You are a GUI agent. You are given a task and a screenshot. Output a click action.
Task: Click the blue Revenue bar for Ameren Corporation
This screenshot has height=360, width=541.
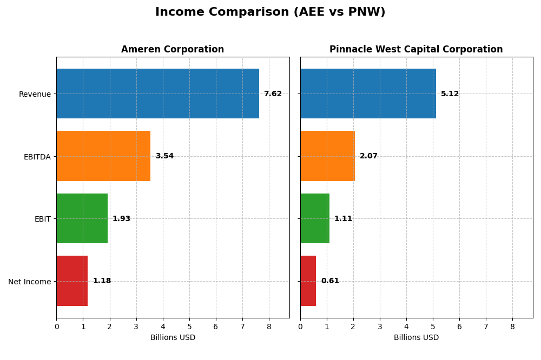tap(157, 94)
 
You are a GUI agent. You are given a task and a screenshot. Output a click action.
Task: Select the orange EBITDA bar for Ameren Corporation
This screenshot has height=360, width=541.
tap(103, 156)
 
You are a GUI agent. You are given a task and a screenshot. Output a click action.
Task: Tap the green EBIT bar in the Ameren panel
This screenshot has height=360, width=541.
tap(82, 218)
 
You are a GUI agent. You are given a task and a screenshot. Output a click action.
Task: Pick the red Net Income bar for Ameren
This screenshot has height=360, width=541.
tap(72, 281)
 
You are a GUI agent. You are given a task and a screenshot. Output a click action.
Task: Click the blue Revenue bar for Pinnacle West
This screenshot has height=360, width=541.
tap(368, 94)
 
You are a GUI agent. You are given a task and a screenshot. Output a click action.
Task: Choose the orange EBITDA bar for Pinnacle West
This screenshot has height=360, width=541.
tap(327, 156)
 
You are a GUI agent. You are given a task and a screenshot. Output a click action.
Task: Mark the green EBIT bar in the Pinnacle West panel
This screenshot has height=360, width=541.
tap(315, 218)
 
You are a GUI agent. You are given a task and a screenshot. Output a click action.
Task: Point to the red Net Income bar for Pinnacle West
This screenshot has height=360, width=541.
tap(308, 281)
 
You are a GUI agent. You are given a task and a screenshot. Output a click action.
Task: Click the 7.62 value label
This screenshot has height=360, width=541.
tap(273, 94)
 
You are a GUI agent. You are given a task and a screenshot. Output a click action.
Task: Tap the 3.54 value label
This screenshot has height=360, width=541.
tap(164, 156)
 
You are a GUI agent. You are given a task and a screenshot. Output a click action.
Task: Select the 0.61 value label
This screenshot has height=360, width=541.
tap(330, 281)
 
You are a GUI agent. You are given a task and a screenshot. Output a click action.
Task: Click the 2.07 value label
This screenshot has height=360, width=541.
tap(368, 156)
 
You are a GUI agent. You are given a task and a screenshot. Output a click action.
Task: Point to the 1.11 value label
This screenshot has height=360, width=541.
tap(343, 219)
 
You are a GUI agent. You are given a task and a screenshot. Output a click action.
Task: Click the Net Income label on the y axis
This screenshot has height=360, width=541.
tap(29, 282)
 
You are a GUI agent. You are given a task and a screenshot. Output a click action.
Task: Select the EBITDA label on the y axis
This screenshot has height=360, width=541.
tap(37, 157)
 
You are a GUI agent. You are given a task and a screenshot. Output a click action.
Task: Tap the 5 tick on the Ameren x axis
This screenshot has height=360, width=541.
tap(189, 326)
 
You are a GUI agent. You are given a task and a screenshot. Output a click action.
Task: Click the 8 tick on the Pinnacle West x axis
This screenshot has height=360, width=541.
tap(512, 326)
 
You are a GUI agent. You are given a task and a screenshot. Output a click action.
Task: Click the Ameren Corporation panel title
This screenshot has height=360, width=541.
tap(173, 50)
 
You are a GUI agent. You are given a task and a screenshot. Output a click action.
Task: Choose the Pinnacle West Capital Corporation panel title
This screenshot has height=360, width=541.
tap(416, 50)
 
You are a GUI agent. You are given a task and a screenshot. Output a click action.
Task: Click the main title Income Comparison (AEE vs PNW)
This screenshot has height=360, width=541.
tap(270, 12)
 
